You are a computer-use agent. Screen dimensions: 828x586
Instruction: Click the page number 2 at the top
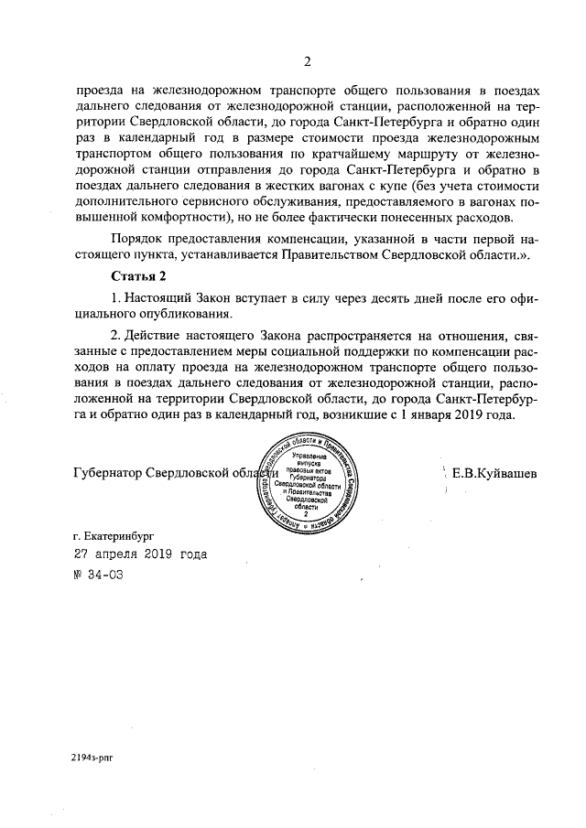point(308,62)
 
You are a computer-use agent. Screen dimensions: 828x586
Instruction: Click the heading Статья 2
point(137,275)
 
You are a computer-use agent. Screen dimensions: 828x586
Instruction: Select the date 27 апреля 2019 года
point(139,554)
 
